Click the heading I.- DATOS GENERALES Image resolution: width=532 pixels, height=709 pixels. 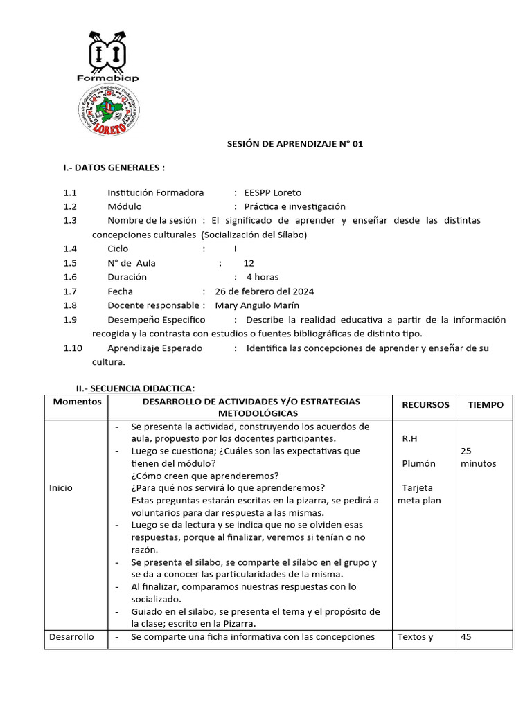pyautogui.click(x=114, y=168)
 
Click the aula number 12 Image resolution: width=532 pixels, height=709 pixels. pyautogui.click(x=249, y=263)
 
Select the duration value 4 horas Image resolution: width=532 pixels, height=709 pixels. pyautogui.click(x=263, y=277)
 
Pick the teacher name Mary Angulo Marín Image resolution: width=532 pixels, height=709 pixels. pyautogui.click(x=258, y=305)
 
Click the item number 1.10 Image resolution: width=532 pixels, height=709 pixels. pyautogui.click(x=73, y=348)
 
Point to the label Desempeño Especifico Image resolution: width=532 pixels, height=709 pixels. pyautogui.click(x=157, y=320)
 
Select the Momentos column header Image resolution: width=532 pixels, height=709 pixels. pyautogui.click(x=77, y=402)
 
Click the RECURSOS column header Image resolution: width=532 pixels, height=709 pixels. pyautogui.click(x=425, y=405)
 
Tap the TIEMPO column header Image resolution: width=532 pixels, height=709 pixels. pyautogui.click(x=486, y=405)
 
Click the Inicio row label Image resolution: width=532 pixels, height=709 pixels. pyautogui.click(x=61, y=487)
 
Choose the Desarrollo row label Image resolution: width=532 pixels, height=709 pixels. pyautogui.click(x=71, y=637)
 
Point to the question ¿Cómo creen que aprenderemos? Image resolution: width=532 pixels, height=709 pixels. pyautogui.click(x=204, y=476)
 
